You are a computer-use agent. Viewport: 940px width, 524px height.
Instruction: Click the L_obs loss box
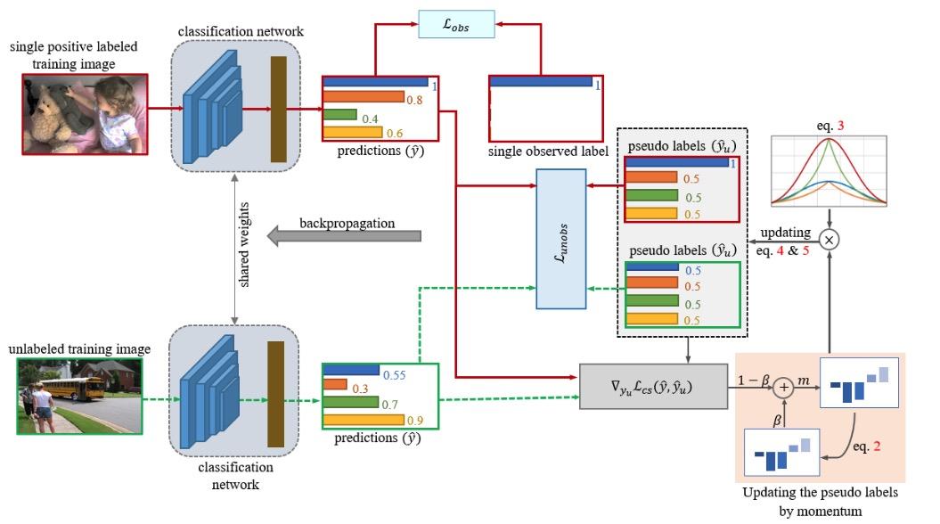tap(457, 24)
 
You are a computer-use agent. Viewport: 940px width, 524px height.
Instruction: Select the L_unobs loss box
tap(560, 238)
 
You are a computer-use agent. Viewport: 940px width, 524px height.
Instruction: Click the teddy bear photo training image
tap(85, 114)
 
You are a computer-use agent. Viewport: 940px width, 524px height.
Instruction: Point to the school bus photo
tap(80, 396)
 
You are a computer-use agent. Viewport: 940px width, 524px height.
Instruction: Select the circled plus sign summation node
tap(783, 386)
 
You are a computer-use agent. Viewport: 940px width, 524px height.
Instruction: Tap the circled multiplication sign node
tap(830, 238)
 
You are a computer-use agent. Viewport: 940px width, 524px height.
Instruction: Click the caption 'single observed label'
tap(548, 152)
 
